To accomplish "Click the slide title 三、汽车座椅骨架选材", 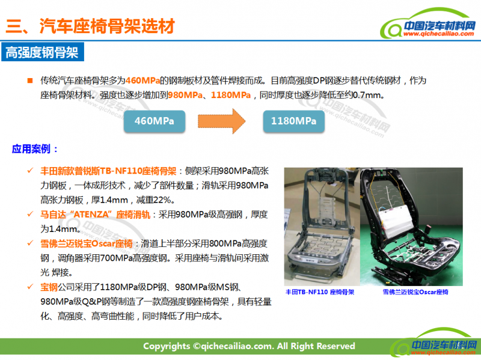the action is click(x=90, y=26).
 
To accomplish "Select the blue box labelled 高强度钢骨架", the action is click(x=43, y=52).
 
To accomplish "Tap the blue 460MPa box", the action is click(x=155, y=121).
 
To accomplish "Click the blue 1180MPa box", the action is click(x=293, y=121).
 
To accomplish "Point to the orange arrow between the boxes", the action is click(x=221, y=121).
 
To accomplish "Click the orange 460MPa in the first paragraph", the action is click(x=143, y=81).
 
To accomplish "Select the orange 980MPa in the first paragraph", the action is click(x=185, y=95).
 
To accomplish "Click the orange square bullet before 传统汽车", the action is click(x=30, y=81).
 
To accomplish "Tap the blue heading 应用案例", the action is click(x=35, y=149).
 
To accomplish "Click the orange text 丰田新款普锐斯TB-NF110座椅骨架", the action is click(x=108, y=171).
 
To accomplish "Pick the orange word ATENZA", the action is click(x=91, y=215).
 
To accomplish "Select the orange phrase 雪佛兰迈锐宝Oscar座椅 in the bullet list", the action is click(x=87, y=244).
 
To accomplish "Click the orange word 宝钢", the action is click(x=49, y=287).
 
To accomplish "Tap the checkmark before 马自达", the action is click(x=30, y=214).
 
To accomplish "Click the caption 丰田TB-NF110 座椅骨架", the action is click(x=320, y=292).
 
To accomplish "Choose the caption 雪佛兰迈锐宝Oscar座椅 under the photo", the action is click(x=415, y=292).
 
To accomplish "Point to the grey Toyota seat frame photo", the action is click(x=322, y=227).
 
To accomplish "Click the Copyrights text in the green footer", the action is click(x=249, y=346).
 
